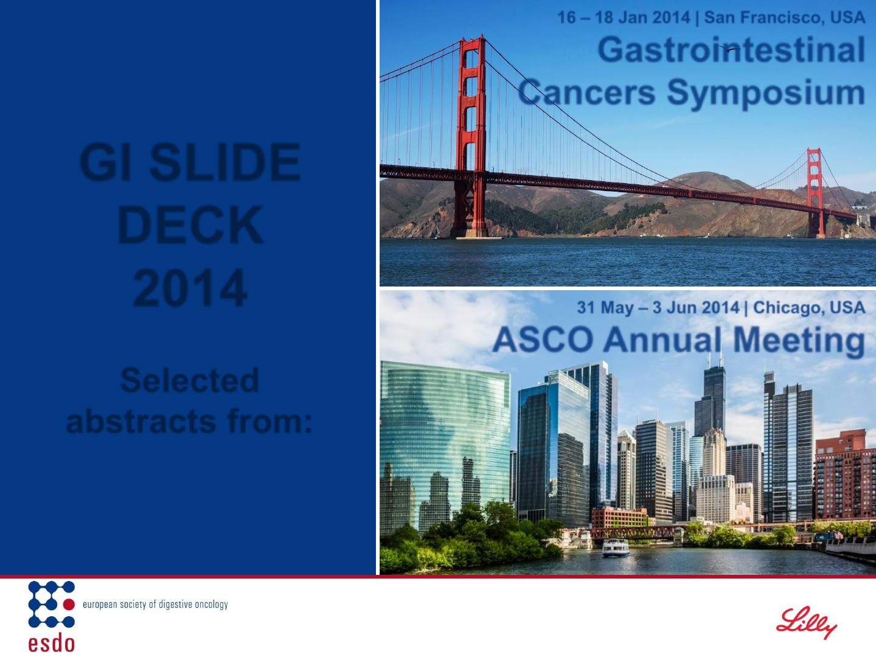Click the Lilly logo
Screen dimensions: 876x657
point(806,622)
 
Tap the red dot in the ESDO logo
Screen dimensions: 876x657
point(69,604)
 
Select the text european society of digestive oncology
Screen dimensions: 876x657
point(155,604)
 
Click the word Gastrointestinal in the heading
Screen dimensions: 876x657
point(731,50)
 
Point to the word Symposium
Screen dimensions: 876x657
point(766,93)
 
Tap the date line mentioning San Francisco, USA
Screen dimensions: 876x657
point(711,17)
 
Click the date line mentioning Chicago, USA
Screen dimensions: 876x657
point(721,307)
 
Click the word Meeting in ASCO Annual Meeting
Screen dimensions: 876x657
point(799,341)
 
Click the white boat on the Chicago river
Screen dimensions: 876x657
point(616,547)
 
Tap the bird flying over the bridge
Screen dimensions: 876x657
point(729,49)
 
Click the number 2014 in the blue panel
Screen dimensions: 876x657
point(190,288)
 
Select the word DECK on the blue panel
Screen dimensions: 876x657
point(190,224)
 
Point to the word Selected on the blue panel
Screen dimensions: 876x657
point(190,380)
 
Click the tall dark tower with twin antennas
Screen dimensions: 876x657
point(711,399)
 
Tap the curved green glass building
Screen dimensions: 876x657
point(445,447)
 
